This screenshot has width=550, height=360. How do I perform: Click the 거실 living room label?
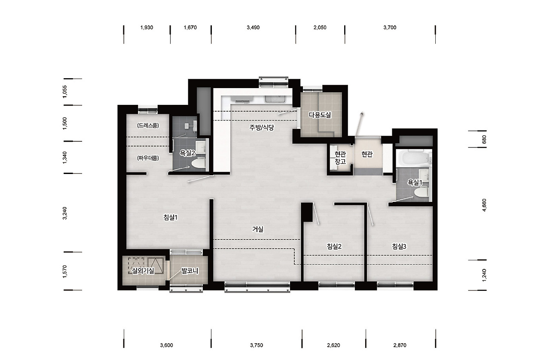click(x=257, y=229)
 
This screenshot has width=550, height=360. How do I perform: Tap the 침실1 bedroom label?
click(x=171, y=217)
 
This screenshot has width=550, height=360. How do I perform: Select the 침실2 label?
click(x=334, y=246)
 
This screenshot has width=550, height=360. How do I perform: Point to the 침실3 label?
click(x=399, y=246)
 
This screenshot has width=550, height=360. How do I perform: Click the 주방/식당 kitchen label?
click(x=262, y=128)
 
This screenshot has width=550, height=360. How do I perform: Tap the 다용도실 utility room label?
click(x=320, y=115)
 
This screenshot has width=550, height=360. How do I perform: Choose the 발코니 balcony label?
click(x=189, y=271)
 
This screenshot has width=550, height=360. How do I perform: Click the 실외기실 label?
click(x=143, y=271)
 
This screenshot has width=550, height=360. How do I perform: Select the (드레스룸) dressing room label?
click(x=148, y=125)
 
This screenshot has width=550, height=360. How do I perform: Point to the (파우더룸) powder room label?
click(x=148, y=158)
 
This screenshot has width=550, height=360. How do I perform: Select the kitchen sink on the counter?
click(x=275, y=99)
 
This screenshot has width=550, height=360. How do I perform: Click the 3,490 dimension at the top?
click(x=253, y=27)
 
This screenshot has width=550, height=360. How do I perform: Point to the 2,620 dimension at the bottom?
click(x=333, y=345)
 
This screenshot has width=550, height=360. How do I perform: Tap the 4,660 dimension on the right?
click(x=484, y=205)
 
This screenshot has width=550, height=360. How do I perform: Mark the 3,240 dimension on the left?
click(x=65, y=213)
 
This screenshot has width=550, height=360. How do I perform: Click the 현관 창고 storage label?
click(x=340, y=158)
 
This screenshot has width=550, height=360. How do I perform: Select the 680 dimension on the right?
click(x=484, y=140)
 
